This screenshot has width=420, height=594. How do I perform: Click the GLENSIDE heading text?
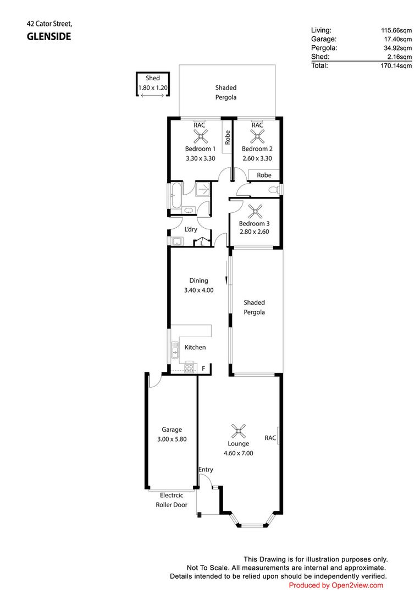tap(49, 37)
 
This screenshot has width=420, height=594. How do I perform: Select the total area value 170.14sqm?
tap(397, 65)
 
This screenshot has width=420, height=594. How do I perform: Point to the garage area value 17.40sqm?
tap(398, 39)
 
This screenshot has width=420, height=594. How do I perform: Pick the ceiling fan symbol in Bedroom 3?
tap(256, 211)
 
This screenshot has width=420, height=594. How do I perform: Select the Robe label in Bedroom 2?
tap(264, 175)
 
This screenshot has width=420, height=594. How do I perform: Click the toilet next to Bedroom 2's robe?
tap(273, 190)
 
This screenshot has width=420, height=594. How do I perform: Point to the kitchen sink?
tap(175, 348)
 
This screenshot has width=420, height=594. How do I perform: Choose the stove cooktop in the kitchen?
tap(190, 367)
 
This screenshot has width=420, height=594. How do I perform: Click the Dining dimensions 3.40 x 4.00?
tap(198, 290)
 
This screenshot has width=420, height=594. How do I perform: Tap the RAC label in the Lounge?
tap(270, 438)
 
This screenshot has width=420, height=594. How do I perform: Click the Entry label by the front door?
tap(206, 470)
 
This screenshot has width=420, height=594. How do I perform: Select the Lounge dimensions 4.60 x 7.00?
tap(238, 453)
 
